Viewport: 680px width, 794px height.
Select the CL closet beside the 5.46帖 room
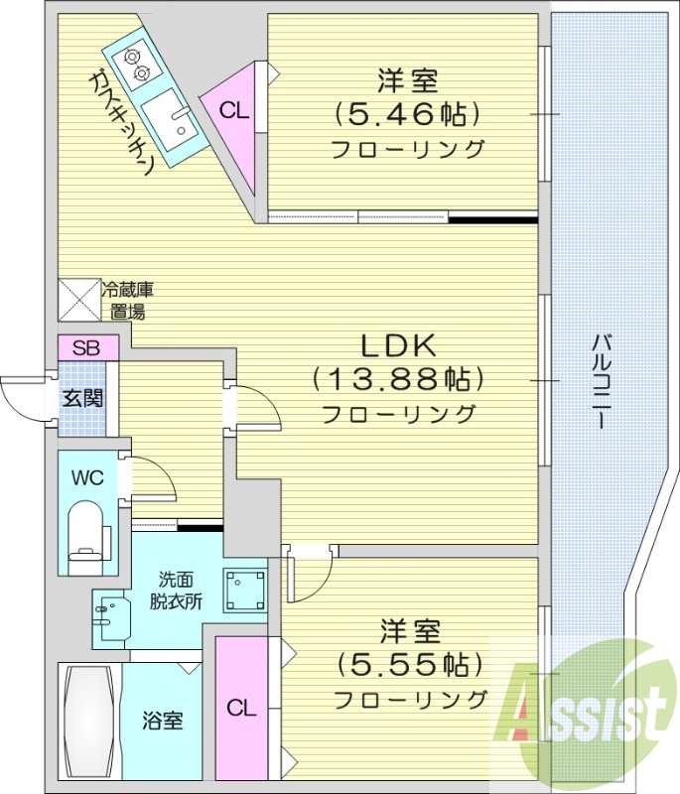[x=233, y=110]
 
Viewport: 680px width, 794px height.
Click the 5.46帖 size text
[x=407, y=114]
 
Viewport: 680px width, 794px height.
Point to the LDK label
[x=398, y=346]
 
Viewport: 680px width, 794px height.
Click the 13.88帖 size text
[x=397, y=379]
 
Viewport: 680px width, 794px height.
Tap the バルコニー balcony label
[x=600, y=380]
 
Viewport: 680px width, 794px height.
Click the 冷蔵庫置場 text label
[x=129, y=301]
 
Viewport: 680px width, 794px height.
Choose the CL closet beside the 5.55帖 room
[x=240, y=709]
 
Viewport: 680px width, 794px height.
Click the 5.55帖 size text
[x=409, y=664]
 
